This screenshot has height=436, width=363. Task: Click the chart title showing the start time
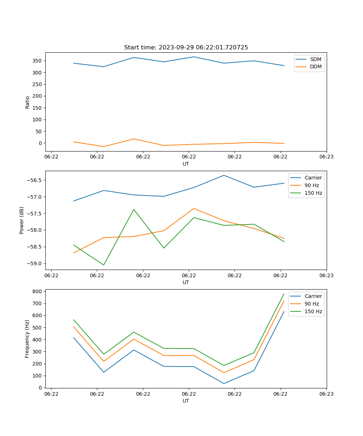coord(186,47)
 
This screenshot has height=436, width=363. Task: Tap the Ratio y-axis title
coord(27,102)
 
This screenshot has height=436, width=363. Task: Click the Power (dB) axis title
coord(22,220)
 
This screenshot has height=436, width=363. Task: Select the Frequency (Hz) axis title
coord(27,339)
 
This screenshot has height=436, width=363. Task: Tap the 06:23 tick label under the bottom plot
coord(326,394)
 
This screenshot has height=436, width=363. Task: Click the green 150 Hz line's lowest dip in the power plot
coord(103,265)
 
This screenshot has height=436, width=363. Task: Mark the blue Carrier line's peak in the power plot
coord(224,175)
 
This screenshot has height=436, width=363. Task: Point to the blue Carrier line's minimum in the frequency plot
coord(224,383)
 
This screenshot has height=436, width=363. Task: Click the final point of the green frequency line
coord(284,294)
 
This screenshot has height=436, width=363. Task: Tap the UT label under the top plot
coord(186,164)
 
